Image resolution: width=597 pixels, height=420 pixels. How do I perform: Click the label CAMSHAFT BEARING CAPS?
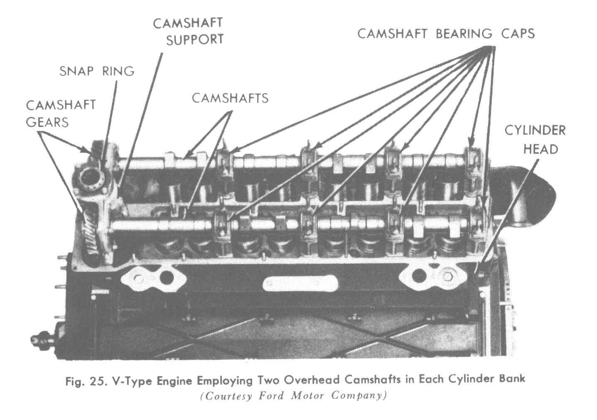[446, 34]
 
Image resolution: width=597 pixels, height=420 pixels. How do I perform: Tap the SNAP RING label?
[97, 71]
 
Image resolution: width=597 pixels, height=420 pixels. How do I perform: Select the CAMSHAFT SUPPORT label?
[188, 31]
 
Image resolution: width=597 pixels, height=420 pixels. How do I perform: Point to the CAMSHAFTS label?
[230, 98]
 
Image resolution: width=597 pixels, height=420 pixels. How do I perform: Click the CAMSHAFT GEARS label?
[61, 113]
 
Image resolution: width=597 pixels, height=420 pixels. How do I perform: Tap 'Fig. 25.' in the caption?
[86, 381]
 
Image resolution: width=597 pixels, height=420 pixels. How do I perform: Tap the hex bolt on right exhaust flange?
[447, 277]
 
